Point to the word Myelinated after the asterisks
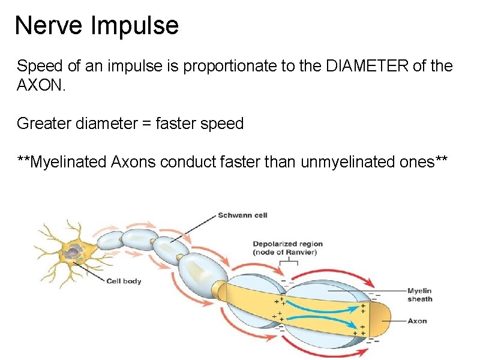tap(70, 162)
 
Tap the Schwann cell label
tap(242, 215)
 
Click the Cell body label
tap(124, 281)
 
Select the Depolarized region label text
tap(287, 244)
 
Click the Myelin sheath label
tap(419, 295)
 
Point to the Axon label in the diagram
tap(417, 321)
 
